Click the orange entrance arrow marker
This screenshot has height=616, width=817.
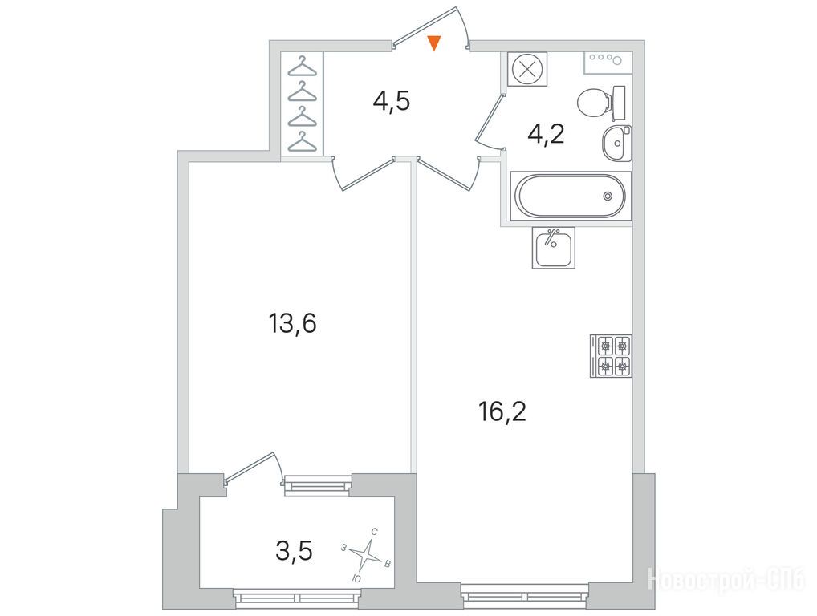click(x=434, y=43)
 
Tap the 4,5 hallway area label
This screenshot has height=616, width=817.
click(x=392, y=101)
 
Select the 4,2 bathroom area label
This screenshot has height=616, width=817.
click(x=546, y=136)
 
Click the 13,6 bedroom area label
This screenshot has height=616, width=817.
click(x=293, y=324)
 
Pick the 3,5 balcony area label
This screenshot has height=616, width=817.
click(x=295, y=552)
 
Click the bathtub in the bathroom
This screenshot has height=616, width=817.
click(x=571, y=197)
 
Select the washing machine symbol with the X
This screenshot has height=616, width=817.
click(x=525, y=69)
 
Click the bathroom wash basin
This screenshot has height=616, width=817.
click(x=616, y=144)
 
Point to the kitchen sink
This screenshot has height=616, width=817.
click(x=553, y=248)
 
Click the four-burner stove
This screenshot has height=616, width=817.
click(x=611, y=355)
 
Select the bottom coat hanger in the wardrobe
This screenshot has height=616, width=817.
click(x=303, y=142)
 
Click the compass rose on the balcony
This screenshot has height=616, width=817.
click(x=367, y=555)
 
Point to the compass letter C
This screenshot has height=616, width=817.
click(x=374, y=532)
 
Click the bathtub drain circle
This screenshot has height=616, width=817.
click(x=608, y=197)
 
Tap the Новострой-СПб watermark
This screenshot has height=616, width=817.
click(x=726, y=580)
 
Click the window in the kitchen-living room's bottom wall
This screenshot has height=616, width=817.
click(x=525, y=595)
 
